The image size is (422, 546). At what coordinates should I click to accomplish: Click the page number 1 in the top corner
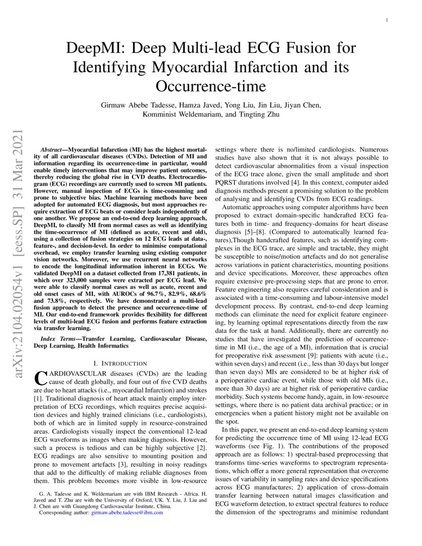[387, 20]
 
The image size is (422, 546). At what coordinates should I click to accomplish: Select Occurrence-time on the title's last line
[211, 85]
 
